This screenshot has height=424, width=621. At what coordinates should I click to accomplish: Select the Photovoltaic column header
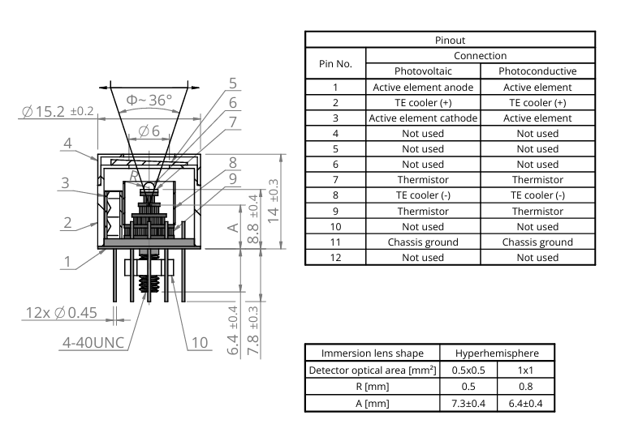423,71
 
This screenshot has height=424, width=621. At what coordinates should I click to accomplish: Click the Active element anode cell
423,87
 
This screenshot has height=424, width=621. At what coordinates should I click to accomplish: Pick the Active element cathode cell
423,118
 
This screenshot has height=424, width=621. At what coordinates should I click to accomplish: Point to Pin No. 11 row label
335,242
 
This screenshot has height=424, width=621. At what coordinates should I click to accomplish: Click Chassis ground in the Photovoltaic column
423,242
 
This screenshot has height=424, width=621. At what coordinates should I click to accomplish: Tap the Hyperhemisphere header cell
498,353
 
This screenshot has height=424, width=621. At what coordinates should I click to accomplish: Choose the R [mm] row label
373,387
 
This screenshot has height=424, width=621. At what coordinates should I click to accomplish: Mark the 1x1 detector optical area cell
527,370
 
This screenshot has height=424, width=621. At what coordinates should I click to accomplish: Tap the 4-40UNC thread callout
93,342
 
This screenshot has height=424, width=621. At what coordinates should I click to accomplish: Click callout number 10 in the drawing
199,342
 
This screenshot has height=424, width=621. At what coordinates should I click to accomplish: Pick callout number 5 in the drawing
233,84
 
